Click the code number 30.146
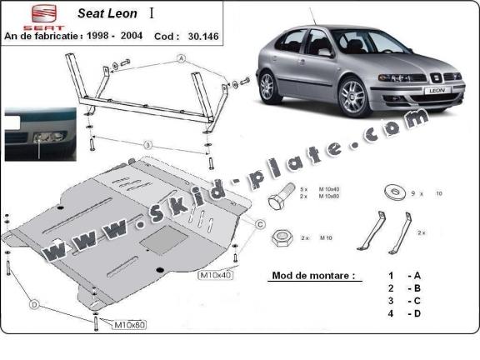[179, 37]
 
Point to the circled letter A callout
[180, 59]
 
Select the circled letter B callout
[147, 146]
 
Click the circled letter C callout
[260, 224]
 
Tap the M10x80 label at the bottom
[128, 323]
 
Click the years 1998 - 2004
[118, 37]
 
